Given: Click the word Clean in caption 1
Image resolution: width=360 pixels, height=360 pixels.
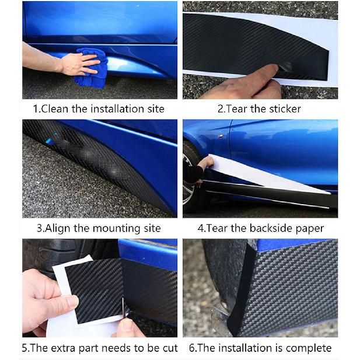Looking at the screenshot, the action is pos(55,109).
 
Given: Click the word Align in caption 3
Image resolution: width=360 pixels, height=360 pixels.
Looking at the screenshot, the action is pos(58,228).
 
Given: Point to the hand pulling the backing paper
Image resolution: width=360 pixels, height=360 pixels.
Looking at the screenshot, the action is pos(206,163).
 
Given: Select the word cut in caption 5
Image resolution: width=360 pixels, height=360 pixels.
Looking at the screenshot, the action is pos(170,348).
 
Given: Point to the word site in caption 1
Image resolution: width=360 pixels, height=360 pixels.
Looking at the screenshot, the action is pos(156,109).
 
